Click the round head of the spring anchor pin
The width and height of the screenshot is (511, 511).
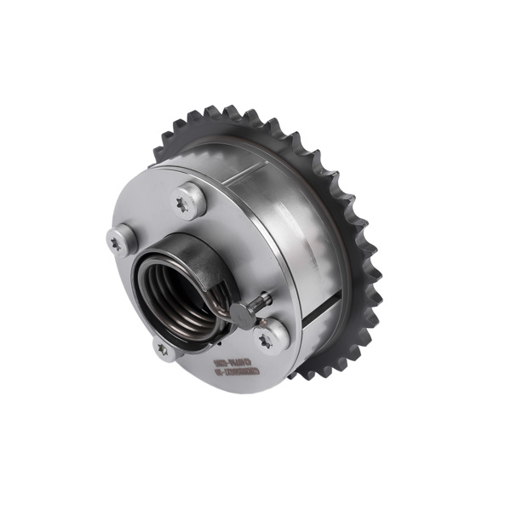coord(244,316)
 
